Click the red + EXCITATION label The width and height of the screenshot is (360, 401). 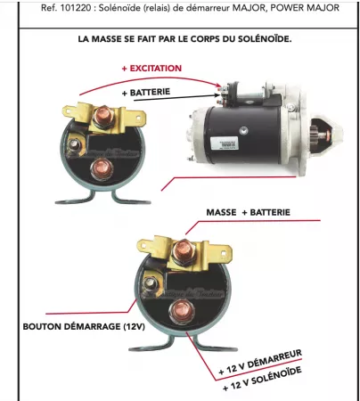coord(151,68)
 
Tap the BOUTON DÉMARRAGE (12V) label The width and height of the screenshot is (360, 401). coord(72,326)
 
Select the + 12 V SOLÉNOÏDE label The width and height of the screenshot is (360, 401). coord(268,378)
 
